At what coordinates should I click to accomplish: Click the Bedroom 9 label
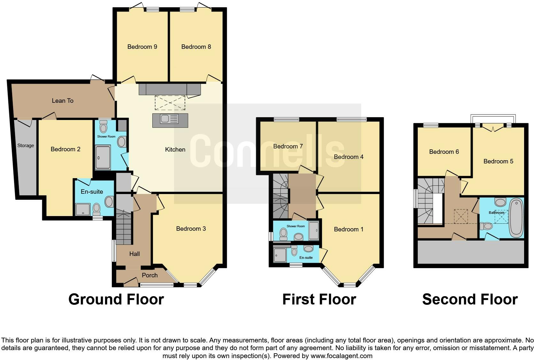coord(142,47)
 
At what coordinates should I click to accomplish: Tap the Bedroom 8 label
coord(196,47)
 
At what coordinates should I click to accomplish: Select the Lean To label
coord(63,101)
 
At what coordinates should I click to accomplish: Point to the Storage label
coord(26,146)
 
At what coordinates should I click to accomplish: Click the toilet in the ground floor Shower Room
coord(103,128)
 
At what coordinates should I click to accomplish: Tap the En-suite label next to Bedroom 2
coord(92,192)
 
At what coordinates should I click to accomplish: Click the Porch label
coord(149,275)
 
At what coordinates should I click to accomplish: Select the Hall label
coord(134,254)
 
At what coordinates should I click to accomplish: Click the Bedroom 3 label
coord(191,229)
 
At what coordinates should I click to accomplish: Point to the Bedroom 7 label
coord(288,146)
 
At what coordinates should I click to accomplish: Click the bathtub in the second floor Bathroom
coord(516,218)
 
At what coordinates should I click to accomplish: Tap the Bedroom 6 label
coord(444,152)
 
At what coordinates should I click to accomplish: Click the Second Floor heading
coord(470,299)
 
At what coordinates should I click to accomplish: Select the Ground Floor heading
coord(116,299)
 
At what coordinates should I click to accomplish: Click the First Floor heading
coord(319,299)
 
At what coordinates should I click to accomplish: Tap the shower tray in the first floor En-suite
coord(280,255)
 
